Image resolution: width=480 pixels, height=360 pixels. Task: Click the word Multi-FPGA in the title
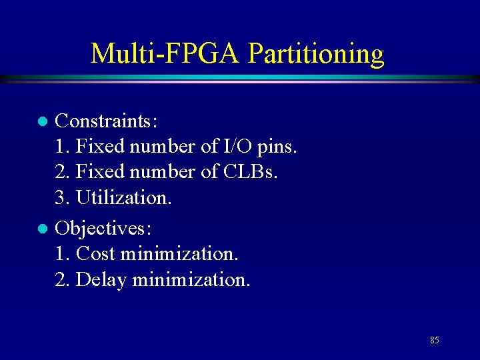165,53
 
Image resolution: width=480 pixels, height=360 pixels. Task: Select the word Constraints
106,121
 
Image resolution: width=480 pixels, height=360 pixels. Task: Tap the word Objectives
103,229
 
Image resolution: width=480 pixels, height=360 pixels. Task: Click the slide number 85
434,340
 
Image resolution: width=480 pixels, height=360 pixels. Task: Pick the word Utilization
124,197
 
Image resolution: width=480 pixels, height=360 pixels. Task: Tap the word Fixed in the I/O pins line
99,146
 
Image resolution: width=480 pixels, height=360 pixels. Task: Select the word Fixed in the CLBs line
99,171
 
